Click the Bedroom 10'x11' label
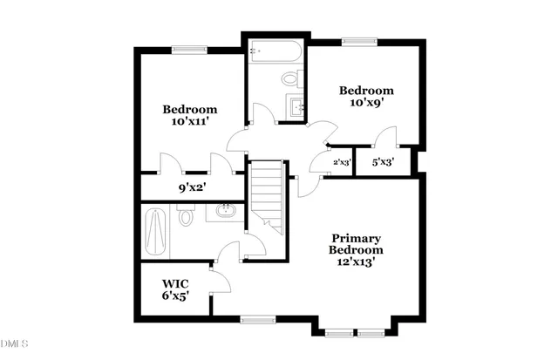[x=190, y=116]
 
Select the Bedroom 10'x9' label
[x=366, y=97]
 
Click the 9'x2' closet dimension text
[x=192, y=187]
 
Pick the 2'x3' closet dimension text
[x=342, y=162]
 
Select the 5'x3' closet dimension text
[x=383, y=162]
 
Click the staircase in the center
[x=268, y=196]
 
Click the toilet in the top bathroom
[x=289, y=79]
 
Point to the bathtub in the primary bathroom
[x=158, y=230]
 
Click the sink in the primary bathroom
[x=226, y=210]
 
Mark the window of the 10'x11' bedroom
[x=187, y=50]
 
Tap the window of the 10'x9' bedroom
[x=354, y=40]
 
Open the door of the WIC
[x=217, y=282]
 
